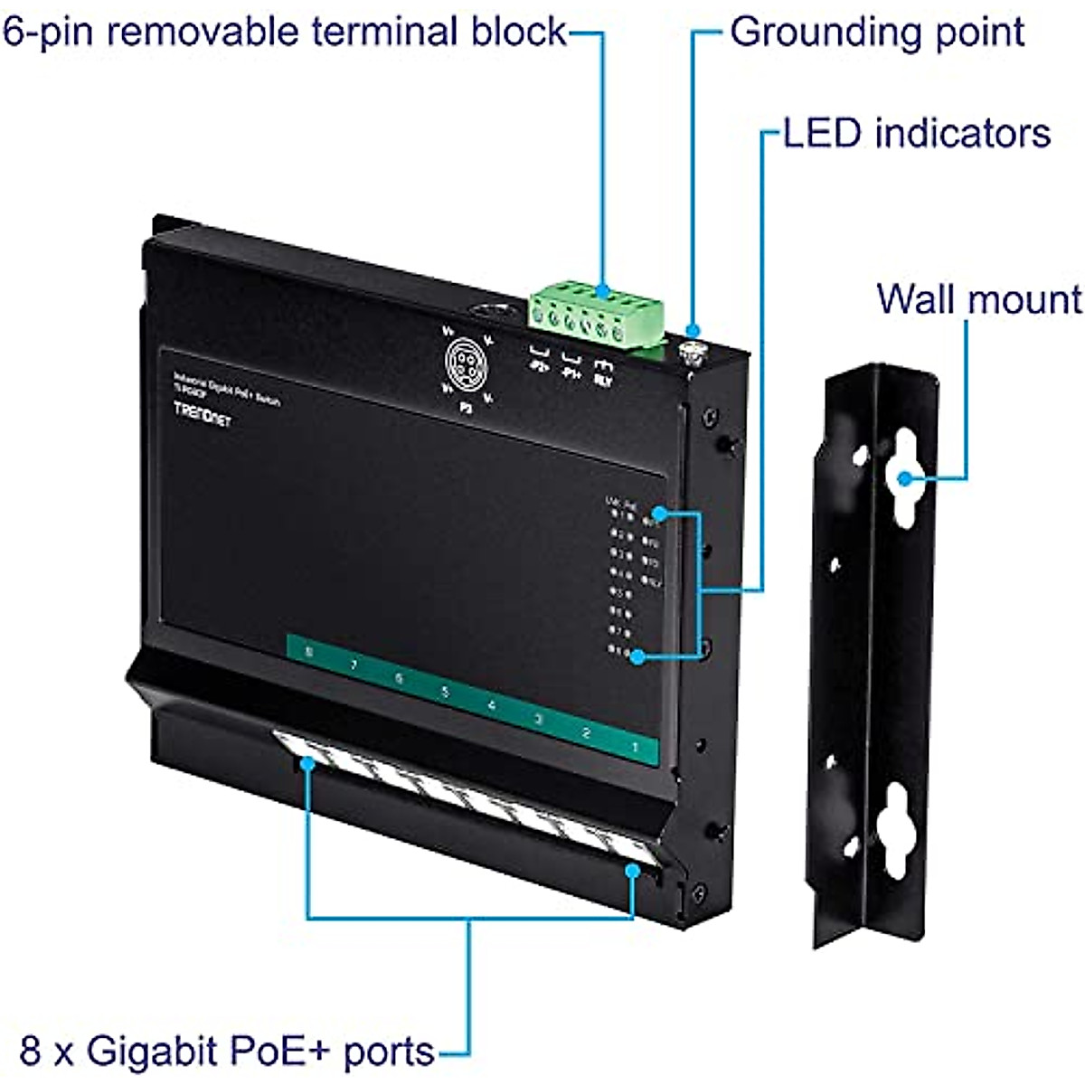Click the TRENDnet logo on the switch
202,413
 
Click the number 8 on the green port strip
309,651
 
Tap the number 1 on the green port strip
635,747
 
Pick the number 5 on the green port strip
445,693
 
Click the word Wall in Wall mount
914,299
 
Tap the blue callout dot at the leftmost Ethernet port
307,763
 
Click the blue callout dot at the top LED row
659,514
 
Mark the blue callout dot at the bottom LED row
638,656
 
